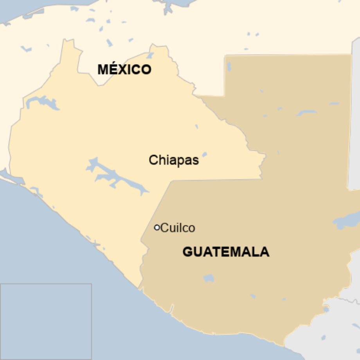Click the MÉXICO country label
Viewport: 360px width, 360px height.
click(x=124, y=70)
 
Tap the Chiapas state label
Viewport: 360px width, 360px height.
click(x=174, y=160)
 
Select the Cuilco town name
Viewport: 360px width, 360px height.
click(x=178, y=228)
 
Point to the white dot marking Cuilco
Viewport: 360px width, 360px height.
click(x=157, y=227)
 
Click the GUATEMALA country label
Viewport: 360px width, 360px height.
click(x=226, y=252)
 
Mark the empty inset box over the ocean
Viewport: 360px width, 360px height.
click(x=46, y=321)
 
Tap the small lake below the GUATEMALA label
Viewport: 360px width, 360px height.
click(x=209, y=279)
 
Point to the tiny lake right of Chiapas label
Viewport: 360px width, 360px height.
click(x=204, y=155)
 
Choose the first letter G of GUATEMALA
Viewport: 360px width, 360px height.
click(x=187, y=252)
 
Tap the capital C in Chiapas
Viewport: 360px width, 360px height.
click(x=153, y=160)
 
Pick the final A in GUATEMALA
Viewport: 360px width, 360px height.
click(x=265, y=252)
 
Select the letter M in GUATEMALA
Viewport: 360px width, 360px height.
click(x=234, y=252)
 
